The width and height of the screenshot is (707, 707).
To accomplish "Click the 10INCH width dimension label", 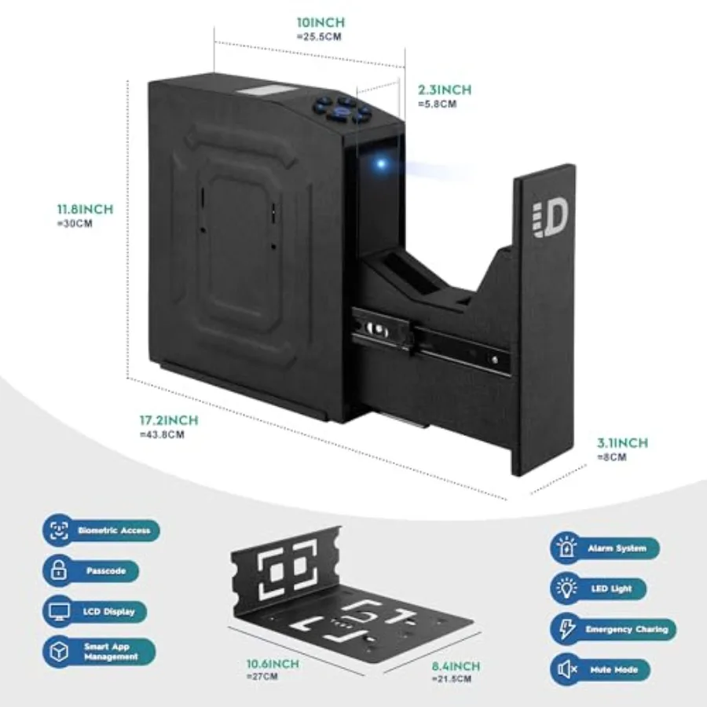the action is [321, 22].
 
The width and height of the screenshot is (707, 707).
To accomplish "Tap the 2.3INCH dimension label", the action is [445, 90].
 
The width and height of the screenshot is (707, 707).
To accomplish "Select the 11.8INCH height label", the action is [85, 209].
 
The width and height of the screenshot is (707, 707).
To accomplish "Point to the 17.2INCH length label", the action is [169, 420].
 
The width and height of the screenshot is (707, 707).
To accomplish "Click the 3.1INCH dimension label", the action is [623, 443].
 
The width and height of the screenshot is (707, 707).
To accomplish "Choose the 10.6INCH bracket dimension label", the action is [273, 664].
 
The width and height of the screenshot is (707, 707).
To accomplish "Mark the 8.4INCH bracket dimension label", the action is [456, 666].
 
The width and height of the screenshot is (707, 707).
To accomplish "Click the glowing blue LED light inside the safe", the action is [382, 163].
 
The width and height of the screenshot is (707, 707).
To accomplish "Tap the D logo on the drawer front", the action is [550, 220].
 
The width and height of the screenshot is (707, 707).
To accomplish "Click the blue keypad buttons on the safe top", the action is [343, 109].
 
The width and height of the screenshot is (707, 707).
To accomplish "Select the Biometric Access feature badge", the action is [101, 530].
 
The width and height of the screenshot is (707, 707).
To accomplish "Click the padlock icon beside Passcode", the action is [59, 570].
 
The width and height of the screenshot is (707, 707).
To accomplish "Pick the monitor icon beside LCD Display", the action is [59, 611].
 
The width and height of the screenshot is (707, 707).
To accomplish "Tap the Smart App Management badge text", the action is [111, 652].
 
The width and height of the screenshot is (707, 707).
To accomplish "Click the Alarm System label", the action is [617, 548].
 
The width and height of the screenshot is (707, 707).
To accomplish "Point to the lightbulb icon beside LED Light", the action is [566, 588].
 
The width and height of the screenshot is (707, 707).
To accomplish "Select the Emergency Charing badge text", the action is [627, 629].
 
